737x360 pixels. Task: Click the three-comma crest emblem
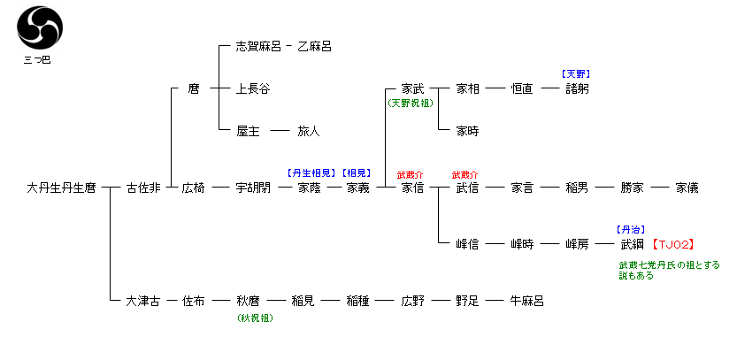pyautogui.click(x=36, y=28)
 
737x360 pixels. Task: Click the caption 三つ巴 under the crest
pyautogui.click(x=36, y=60)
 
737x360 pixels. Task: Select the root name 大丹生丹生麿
pyautogui.click(x=62, y=188)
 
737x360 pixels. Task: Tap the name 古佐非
pyautogui.click(x=143, y=188)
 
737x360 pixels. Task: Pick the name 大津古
pyautogui.click(x=143, y=301)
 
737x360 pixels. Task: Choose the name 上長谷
pyautogui.click(x=253, y=88)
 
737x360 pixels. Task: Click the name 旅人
pyautogui.click(x=308, y=131)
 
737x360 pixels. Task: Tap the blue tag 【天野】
pyautogui.click(x=576, y=73)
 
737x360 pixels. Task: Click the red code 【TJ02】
pyautogui.click(x=672, y=244)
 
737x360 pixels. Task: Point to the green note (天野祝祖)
pyautogui.click(x=413, y=103)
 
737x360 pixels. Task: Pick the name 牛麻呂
pyautogui.click(x=527, y=301)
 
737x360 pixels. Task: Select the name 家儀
pyautogui.click(x=687, y=188)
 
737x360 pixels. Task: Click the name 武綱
pyautogui.click(x=632, y=244)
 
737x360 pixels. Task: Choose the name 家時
pyautogui.click(x=467, y=131)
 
